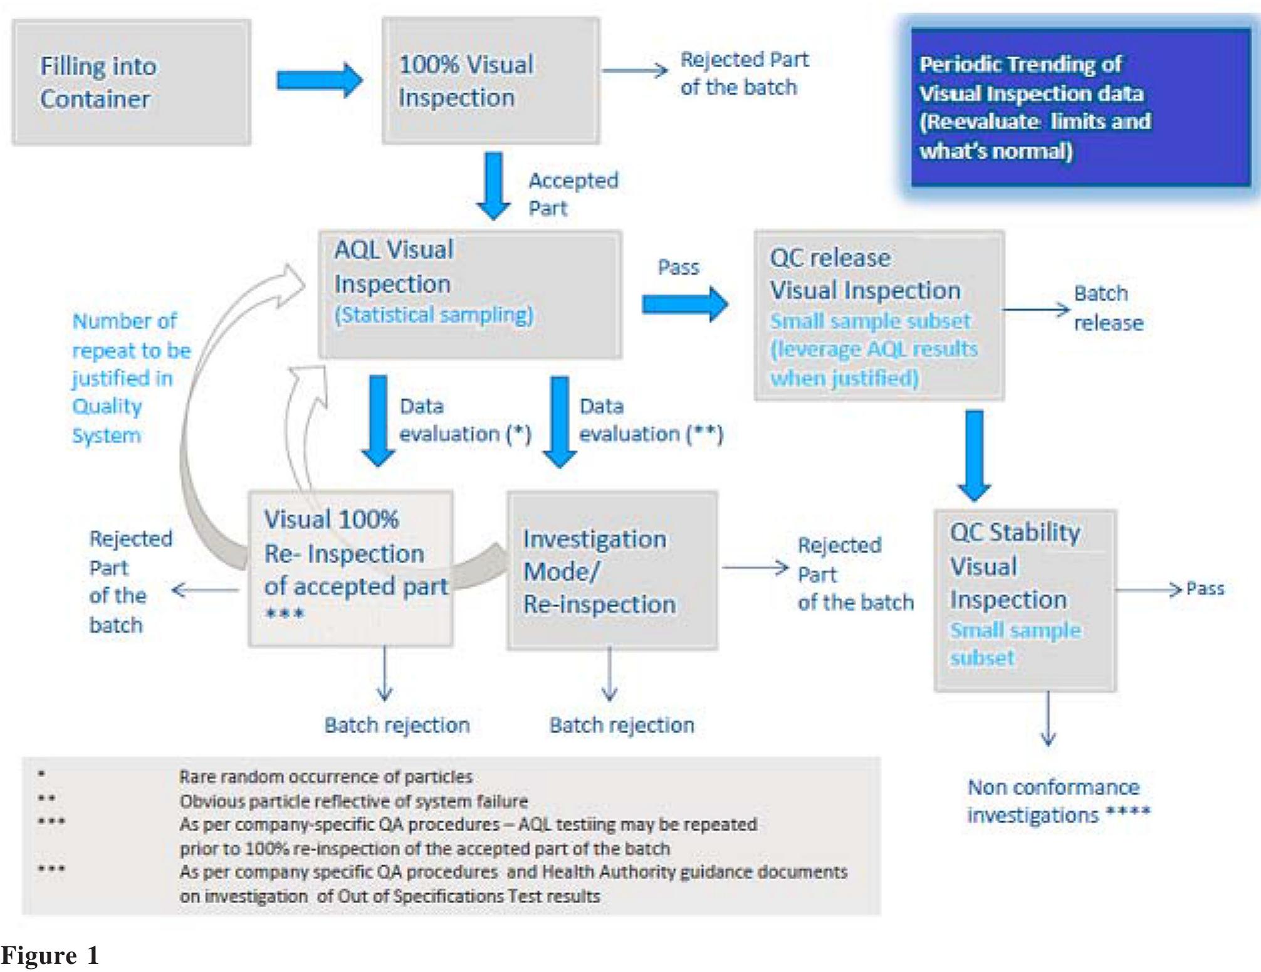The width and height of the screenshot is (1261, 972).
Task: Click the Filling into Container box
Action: point(132,82)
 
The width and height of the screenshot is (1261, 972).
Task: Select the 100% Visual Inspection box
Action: point(491,81)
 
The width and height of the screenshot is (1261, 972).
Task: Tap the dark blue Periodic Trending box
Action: point(1079,107)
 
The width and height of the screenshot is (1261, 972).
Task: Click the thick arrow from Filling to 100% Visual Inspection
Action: point(320,80)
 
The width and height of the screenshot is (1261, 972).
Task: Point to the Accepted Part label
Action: point(572,194)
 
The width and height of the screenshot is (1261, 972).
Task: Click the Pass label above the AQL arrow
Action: point(678,268)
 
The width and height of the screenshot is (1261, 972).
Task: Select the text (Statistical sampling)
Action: point(434,315)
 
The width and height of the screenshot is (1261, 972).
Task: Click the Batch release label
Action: point(1108,308)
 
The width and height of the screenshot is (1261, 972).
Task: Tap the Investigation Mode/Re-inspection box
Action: point(612,571)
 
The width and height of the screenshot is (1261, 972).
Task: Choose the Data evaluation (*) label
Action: point(464,420)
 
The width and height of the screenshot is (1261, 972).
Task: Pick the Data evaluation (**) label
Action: point(651,420)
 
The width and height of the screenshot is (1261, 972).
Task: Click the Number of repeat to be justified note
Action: point(130,378)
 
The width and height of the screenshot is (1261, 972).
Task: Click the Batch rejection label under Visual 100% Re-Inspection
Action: point(397,726)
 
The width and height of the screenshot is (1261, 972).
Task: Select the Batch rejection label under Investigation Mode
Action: point(622,726)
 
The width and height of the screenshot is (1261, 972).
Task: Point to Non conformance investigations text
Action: point(1058,801)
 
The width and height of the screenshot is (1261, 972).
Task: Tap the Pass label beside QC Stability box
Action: point(1205,589)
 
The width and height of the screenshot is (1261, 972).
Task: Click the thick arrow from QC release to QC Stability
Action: point(974,455)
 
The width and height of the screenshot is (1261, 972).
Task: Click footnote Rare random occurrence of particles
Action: point(325,777)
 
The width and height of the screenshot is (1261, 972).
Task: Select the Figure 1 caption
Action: point(50,956)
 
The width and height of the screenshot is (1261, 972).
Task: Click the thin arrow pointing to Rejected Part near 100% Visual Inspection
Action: point(634,70)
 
